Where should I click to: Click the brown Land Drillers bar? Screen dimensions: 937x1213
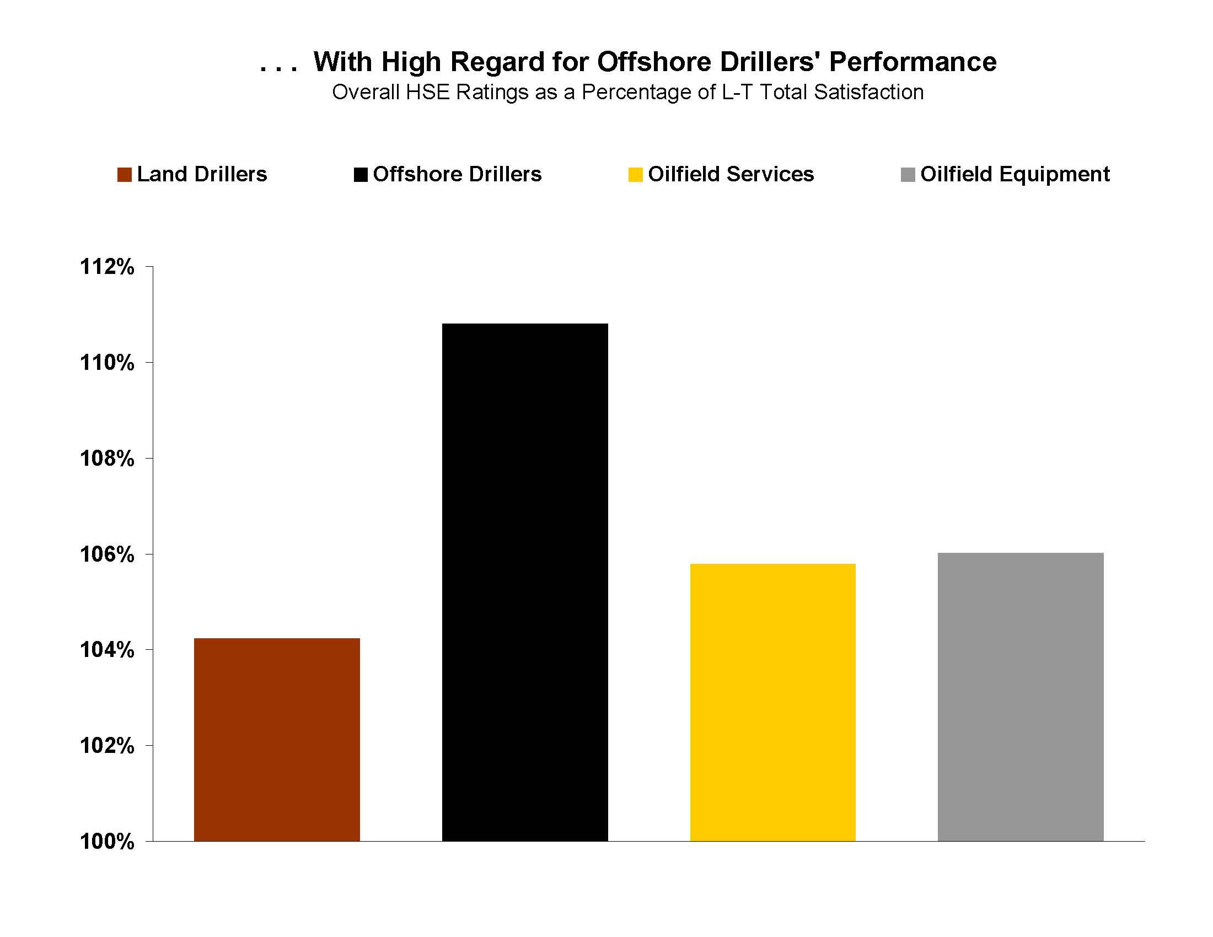tap(277, 739)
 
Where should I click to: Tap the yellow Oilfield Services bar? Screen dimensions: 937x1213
tap(772, 702)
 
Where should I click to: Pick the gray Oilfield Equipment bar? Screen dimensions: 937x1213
tap(1020, 697)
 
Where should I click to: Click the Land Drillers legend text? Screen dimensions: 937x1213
tap(202, 174)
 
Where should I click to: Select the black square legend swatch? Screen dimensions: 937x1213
tap(361, 175)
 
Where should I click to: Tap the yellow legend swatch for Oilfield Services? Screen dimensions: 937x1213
tap(635, 175)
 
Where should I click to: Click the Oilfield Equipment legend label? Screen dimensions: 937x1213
tap(1015, 174)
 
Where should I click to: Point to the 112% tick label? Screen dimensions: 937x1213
tap(107, 267)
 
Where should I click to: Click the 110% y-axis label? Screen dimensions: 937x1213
tap(107, 363)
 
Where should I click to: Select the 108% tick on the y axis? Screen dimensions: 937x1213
tap(107, 459)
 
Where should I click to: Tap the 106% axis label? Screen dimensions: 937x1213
tap(107, 554)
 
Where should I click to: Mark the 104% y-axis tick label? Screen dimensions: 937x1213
tap(107, 650)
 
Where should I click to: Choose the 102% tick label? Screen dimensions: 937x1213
tap(107, 746)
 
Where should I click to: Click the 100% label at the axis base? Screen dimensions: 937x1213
tap(107, 842)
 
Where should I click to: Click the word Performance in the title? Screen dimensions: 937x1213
tap(913, 62)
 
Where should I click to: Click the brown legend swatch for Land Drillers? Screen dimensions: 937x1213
tap(125, 175)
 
